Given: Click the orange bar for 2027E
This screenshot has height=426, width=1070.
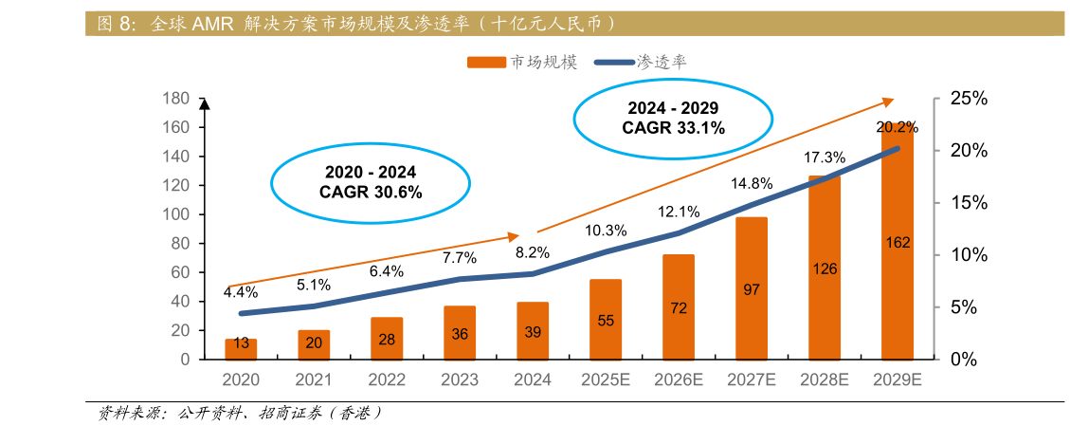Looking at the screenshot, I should pyautogui.click(x=752, y=288).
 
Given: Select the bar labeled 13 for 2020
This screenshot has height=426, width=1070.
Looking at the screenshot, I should pyautogui.click(x=241, y=349).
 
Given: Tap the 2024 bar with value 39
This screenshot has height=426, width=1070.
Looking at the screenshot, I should pyautogui.click(x=533, y=331).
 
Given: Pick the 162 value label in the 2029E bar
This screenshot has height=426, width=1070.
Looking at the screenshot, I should pyautogui.click(x=898, y=243).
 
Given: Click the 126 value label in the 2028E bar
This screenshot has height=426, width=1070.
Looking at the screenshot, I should pyautogui.click(x=825, y=269).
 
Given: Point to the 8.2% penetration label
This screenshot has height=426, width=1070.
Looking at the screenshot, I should pyautogui.click(x=533, y=253).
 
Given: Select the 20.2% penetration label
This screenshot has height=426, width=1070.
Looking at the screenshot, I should pyautogui.click(x=897, y=127).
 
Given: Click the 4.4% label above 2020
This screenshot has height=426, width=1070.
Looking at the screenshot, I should pyautogui.click(x=241, y=292).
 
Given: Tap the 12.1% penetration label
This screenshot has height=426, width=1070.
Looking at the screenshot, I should pyautogui.click(x=679, y=212).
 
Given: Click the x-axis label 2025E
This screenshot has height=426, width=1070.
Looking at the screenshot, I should pyautogui.click(x=606, y=380).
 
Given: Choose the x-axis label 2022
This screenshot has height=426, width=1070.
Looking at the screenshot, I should pyautogui.click(x=387, y=380).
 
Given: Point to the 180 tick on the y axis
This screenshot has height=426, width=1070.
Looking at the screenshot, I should pyautogui.click(x=177, y=99).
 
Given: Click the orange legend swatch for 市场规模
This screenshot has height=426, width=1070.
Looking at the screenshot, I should pyautogui.click(x=487, y=63).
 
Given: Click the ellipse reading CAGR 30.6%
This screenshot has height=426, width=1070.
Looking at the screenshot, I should pyautogui.click(x=371, y=182).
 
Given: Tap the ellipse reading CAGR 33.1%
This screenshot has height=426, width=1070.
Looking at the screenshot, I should pyautogui.click(x=674, y=118).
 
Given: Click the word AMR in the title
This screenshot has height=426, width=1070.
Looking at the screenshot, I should pyautogui.click(x=212, y=24).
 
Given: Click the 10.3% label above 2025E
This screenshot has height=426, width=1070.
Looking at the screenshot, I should pyautogui.click(x=606, y=231).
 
